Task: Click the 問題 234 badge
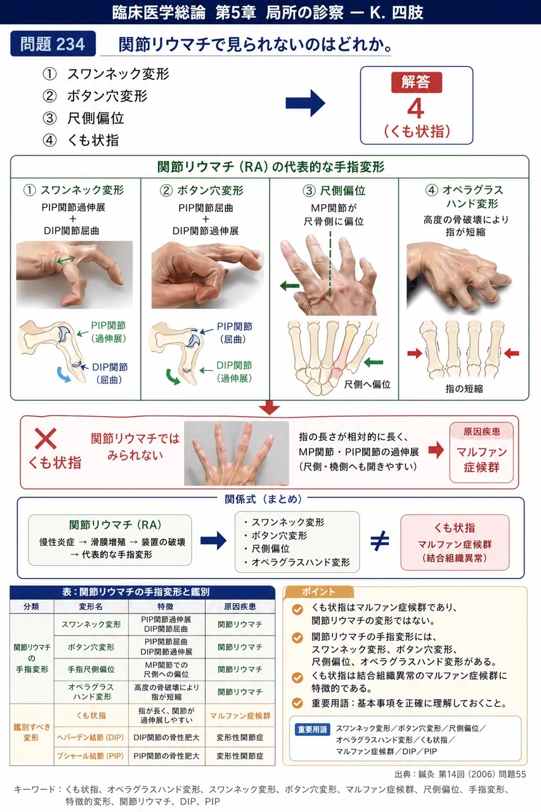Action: (x=53, y=44)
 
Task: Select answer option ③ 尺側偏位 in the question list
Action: (x=83, y=118)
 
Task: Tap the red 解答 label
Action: (x=416, y=82)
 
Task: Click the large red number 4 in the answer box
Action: (x=415, y=108)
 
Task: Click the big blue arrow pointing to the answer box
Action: (x=305, y=103)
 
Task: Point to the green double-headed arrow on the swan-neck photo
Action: (x=65, y=259)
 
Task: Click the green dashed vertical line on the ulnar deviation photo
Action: (x=330, y=265)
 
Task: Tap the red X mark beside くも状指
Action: (x=46, y=438)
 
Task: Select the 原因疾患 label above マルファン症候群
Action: (x=481, y=432)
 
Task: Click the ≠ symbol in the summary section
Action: (x=380, y=541)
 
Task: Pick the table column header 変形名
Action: (x=91, y=606)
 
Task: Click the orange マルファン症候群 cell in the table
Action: (x=240, y=716)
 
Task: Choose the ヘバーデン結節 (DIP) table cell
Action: (x=91, y=737)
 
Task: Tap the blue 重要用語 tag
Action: (x=312, y=729)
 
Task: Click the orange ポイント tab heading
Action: (x=318, y=592)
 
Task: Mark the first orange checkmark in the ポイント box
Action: (x=297, y=610)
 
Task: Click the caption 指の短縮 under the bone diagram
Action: (x=464, y=389)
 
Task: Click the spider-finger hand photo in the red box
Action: (x=237, y=453)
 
